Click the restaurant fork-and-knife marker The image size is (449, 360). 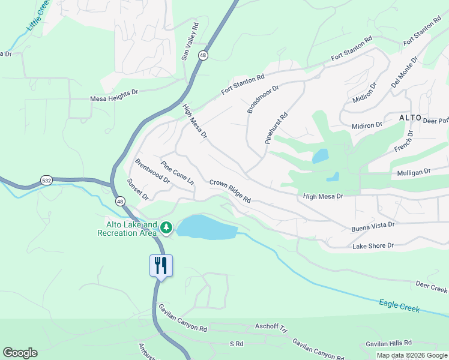[x=161, y=265]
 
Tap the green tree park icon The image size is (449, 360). [x=166, y=228]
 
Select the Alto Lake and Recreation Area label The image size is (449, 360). [x=127, y=229]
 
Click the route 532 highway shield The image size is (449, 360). [x=47, y=180]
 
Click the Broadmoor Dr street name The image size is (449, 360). [x=263, y=99]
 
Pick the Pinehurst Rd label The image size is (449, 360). [x=277, y=128]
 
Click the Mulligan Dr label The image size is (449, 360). [x=414, y=172]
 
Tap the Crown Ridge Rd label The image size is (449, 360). [x=230, y=191]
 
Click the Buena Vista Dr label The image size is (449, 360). [x=373, y=225]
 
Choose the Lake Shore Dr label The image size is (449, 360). [x=373, y=245]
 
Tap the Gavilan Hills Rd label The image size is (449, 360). [x=390, y=344]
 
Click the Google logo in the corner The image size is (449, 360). [x=20, y=353]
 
